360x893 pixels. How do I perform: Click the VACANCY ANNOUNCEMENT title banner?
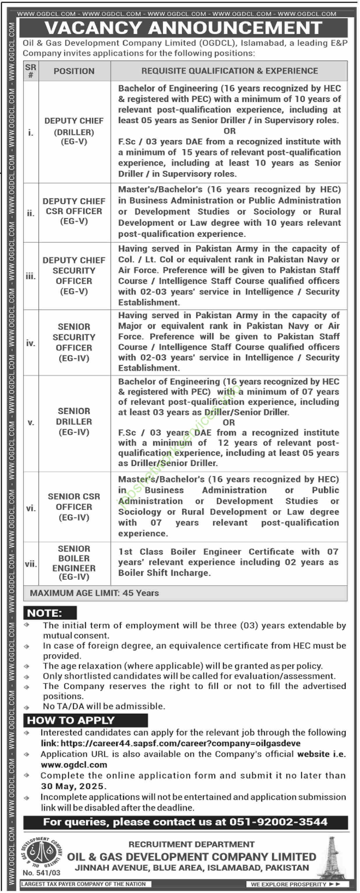(183, 28)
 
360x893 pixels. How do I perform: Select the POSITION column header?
(74, 71)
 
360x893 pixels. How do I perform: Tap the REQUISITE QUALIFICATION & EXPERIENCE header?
(229, 71)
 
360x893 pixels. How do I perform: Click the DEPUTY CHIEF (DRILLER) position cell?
(74, 131)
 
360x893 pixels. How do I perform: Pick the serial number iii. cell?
(31, 276)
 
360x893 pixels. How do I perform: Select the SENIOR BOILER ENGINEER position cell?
(74, 563)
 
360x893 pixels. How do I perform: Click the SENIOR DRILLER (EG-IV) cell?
(74, 421)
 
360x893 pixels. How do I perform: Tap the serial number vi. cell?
(31, 508)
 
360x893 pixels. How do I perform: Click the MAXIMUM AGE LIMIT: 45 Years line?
(94, 593)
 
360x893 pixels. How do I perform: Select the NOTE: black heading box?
(50, 613)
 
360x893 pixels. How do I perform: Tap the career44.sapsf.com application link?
(180, 743)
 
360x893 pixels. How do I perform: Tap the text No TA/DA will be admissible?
(104, 706)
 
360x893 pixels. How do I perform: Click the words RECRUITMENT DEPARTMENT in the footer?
(191, 844)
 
